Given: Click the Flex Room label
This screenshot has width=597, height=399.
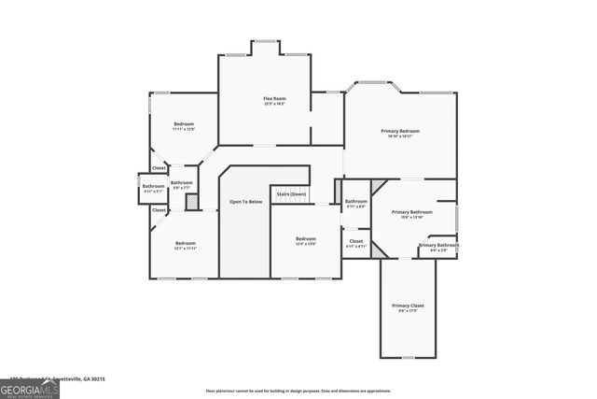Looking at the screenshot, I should click(273, 99).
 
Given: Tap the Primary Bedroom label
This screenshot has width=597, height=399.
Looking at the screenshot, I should click(399, 132).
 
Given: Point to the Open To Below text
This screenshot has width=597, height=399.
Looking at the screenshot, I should click(245, 202).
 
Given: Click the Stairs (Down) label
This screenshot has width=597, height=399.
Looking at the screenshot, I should click(291, 194).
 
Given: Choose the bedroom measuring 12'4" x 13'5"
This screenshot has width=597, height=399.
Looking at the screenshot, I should click(306, 240).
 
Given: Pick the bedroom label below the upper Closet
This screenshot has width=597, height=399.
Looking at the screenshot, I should click(184, 245).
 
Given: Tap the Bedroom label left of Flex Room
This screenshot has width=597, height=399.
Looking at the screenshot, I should click(184, 125).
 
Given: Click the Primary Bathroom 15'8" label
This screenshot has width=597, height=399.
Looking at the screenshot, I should click(411, 213).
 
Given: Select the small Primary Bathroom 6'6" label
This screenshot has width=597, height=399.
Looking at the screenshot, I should click(438, 247).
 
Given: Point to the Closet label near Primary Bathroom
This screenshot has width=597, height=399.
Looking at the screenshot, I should click(356, 242).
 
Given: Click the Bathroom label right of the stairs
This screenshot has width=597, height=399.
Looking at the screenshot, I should click(356, 203).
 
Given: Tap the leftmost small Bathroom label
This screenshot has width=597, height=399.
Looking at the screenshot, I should click(153, 187).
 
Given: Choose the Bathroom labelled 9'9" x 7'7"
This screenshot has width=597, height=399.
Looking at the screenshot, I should click(181, 184).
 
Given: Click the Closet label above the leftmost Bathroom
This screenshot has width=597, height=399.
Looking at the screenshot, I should click(160, 168).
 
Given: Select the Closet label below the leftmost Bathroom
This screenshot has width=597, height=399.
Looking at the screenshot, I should click(160, 210).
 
